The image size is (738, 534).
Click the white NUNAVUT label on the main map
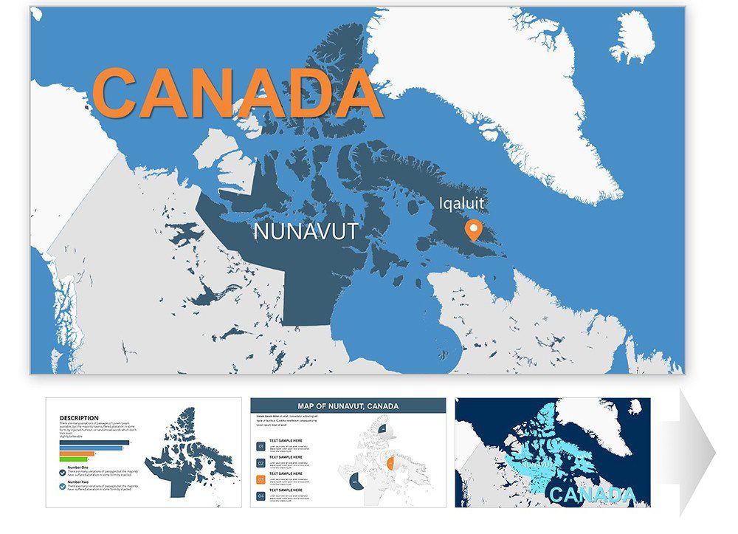(306, 231)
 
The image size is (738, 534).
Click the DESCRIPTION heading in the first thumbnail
(79, 417)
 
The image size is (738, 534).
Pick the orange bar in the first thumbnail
(77, 453)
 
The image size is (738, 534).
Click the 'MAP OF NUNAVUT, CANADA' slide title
(348, 406)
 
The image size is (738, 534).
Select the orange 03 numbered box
(261, 479)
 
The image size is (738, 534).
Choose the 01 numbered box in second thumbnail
(261, 446)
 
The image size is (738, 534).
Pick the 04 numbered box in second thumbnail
(261, 495)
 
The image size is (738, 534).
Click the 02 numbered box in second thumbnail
(261, 462)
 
